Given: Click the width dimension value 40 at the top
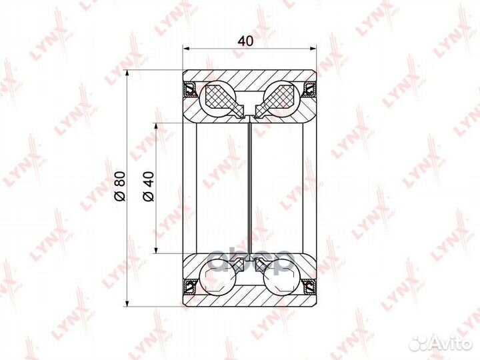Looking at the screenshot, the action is (245, 41).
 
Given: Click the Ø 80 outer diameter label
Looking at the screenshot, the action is (120, 186).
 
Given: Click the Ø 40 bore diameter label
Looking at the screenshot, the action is (149, 186).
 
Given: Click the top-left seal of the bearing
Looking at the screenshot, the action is (190, 89).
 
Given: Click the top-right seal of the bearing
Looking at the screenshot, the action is (309, 89).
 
